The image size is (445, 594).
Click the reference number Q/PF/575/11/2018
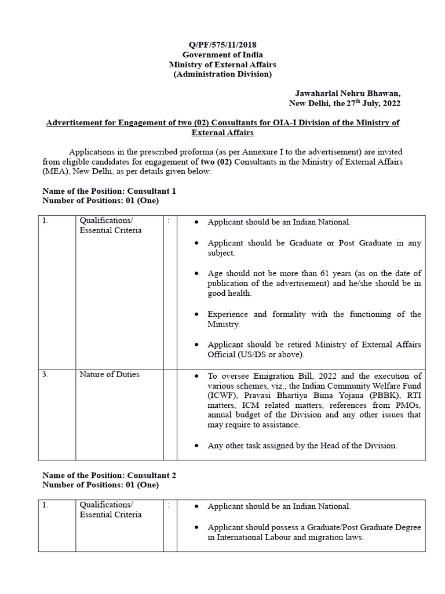(x=222, y=45)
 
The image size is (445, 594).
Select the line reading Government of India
(x=222, y=55)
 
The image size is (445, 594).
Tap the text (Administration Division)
(x=222, y=74)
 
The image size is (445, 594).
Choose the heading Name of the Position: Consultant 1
(x=110, y=191)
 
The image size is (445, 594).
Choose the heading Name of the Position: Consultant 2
(x=110, y=475)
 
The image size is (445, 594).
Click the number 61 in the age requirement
(x=311, y=273)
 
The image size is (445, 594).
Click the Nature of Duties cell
(x=110, y=375)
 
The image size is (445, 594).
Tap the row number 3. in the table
(x=45, y=375)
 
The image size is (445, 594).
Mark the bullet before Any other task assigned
(x=198, y=446)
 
